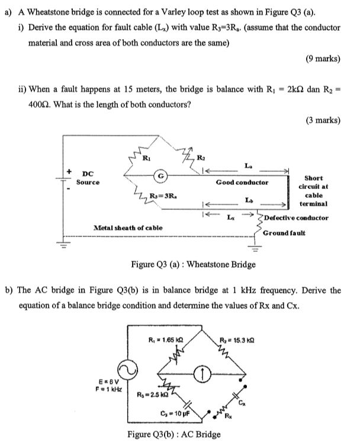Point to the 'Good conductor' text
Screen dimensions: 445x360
pyautogui.click(x=242, y=183)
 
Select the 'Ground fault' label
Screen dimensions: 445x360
pyautogui.click(x=285, y=233)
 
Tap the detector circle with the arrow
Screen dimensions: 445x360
pyautogui.click(x=201, y=373)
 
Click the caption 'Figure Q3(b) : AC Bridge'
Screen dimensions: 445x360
pyautogui.click(x=175, y=434)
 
